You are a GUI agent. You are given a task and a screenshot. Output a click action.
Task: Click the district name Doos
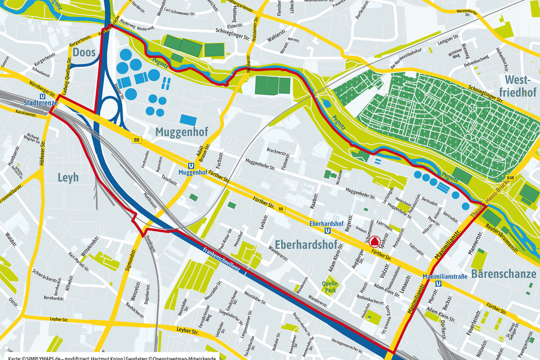pos(84,52)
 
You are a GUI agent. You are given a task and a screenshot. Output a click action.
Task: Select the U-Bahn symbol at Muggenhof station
pos(191,165)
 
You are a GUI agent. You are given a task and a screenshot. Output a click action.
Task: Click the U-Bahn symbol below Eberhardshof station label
pos(328,230)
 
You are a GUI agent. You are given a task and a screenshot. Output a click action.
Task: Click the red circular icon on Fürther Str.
pos(374,241)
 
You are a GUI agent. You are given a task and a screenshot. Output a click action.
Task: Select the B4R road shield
pos(511,178)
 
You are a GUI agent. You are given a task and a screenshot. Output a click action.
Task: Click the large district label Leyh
pos(68,178)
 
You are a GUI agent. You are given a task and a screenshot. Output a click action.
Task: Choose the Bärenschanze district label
pos(503,274)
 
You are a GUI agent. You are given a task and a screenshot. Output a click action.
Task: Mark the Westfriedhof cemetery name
pos(520,86)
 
